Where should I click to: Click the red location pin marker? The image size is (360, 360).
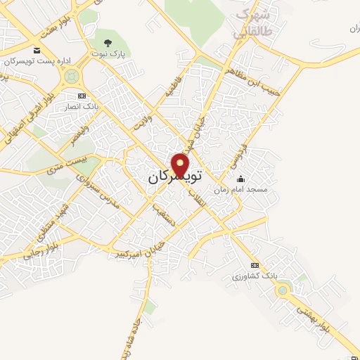(181, 165)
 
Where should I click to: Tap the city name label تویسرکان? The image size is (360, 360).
(174, 177)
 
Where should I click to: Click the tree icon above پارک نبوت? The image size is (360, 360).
(108, 43)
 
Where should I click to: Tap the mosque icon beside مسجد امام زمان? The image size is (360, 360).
(241, 179)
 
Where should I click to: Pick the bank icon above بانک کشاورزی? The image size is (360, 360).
(255, 265)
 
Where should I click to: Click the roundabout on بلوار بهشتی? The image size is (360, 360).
(283, 290)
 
